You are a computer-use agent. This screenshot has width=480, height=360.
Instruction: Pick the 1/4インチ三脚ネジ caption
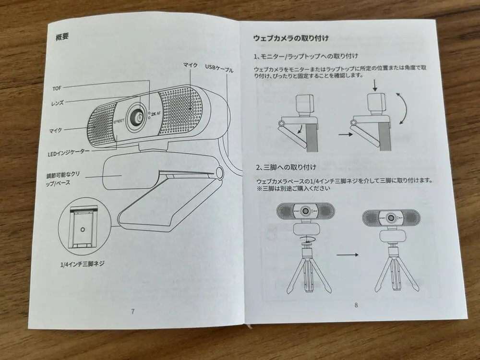[x=83, y=264]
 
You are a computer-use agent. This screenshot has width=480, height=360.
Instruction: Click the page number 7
[x=132, y=311]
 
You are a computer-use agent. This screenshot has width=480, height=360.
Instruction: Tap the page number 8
[x=356, y=304]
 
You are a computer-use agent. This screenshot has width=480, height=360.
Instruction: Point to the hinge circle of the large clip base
[x=220, y=172]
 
